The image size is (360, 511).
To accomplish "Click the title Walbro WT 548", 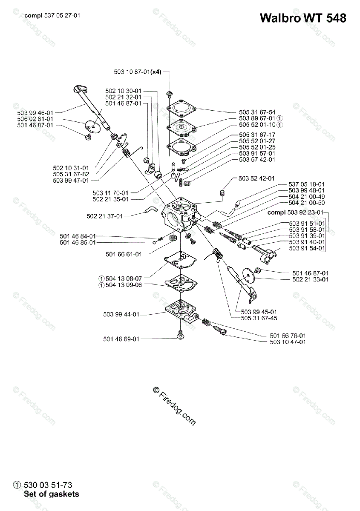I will (x=302, y=18).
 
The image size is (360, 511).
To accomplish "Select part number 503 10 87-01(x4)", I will (x=138, y=72).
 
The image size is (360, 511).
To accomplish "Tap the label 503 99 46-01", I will (x=35, y=112).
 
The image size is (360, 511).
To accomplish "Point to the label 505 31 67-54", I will (x=257, y=112).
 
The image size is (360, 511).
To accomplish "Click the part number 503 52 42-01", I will (x=257, y=178).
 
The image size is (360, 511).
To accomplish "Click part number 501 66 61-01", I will (x=124, y=254).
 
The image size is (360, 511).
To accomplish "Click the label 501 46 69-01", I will (x=121, y=339).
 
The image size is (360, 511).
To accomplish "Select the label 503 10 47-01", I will (x=288, y=342).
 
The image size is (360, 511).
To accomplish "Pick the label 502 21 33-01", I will (x=311, y=279).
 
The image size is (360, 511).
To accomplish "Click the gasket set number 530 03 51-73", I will (x=48, y=485).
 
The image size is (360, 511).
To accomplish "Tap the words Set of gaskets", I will (x=52, y=494).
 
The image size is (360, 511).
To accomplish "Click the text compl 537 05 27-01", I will (x=52, y=15).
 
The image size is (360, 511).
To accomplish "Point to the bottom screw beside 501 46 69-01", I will (x=181, y=336).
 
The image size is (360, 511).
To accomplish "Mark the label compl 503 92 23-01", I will (x=295, y=212).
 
